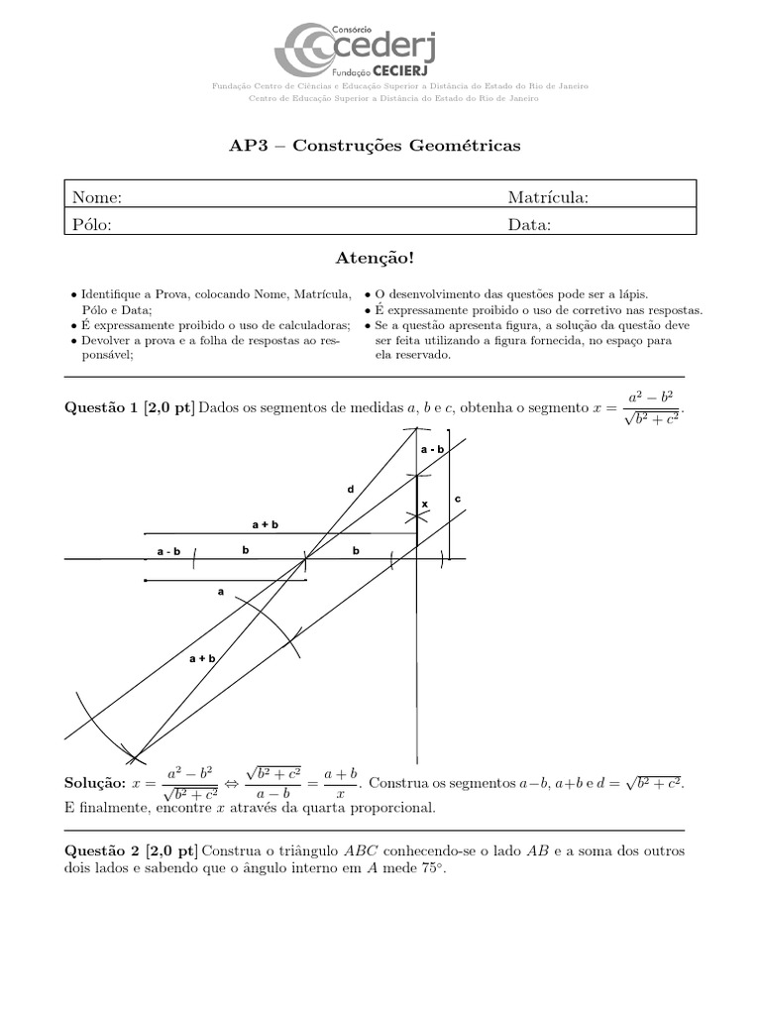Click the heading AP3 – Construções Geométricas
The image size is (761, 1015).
375,146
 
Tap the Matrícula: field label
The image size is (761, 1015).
548,197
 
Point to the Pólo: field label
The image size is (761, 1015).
92,224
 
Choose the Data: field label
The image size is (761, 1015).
530,224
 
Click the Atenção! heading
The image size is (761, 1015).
376,259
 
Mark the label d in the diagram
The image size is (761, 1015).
350,490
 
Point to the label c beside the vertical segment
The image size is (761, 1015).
458,499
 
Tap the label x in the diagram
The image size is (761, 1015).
425,505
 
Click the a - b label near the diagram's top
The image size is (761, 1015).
432,450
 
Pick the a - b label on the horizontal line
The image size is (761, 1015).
168,551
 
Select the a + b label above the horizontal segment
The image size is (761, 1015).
265,523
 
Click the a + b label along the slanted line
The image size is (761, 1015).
202,657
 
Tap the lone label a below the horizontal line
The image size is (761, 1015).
221,592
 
